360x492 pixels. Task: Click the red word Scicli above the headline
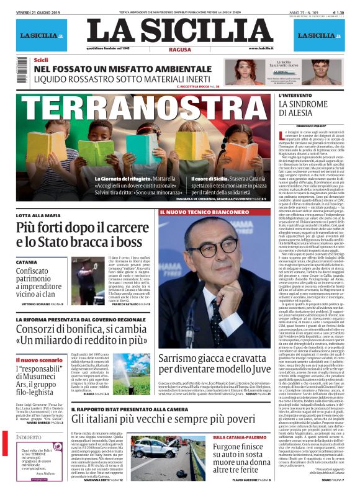coord(41,60)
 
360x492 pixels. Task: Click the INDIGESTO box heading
coord(30,438)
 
